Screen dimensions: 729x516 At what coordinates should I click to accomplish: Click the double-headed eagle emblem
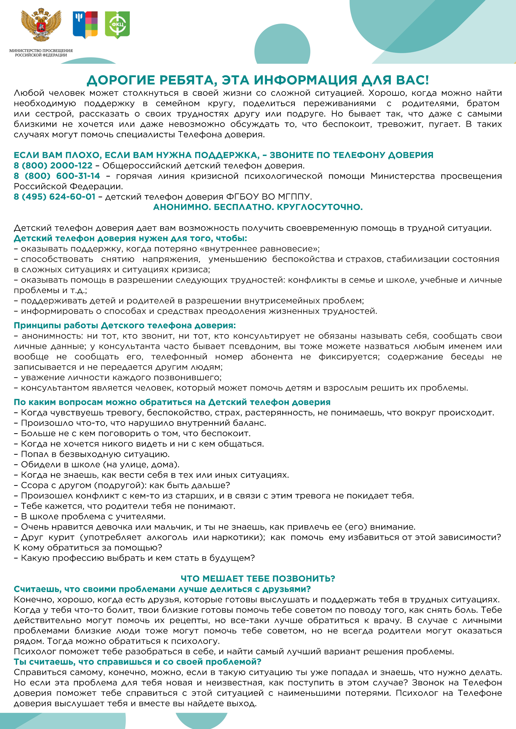[x=41, y=25]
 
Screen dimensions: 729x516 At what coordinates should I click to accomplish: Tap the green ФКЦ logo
[x=117, y=25]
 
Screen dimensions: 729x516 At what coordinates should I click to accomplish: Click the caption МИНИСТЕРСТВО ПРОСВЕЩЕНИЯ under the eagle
[x=41, y=50]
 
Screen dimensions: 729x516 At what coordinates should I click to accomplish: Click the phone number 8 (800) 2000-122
[x=53, y=165]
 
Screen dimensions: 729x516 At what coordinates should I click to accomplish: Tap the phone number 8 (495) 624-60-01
[x=55, y=197]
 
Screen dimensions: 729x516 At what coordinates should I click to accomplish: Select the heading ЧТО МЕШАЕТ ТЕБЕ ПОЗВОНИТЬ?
[x=258, y=578]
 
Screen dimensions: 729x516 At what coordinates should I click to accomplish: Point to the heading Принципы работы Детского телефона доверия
[x=125, y=325]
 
